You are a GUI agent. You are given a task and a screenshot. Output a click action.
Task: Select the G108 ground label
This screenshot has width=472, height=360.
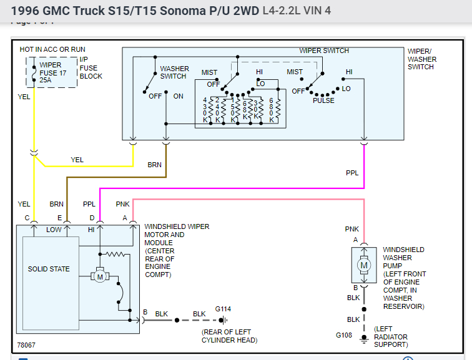point(345,336)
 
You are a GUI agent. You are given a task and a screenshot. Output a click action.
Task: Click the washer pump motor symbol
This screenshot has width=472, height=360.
point(363,266)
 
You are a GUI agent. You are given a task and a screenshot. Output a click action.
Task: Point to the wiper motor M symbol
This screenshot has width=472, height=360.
point(99,275)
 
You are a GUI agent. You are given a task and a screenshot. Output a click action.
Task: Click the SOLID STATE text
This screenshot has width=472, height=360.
point(49,269)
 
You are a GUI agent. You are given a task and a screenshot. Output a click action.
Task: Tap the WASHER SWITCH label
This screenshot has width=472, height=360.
point(173,72)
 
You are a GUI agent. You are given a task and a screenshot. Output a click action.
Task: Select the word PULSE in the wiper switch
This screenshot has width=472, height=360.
point(323,100)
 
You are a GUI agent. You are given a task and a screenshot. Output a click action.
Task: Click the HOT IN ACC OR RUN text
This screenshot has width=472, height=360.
point(52,49)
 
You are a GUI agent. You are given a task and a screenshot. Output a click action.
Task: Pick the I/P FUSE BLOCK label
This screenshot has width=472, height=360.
point(91,68)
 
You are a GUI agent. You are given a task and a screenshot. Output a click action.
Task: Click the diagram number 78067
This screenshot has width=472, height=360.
point(27,345)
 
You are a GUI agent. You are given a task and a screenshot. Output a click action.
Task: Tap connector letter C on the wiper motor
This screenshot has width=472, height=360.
point(27,218)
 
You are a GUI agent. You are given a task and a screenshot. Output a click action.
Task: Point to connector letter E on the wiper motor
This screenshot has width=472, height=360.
point(59,218)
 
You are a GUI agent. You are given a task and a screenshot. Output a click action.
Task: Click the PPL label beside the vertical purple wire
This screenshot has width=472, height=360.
point(352,173)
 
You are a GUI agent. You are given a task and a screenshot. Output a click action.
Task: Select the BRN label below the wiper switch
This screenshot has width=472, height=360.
point(154,165)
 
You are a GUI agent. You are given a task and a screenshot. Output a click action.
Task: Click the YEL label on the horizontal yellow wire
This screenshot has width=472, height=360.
point(77,160)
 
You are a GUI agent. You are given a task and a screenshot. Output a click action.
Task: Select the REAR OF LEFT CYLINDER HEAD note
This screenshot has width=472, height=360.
point(229,336)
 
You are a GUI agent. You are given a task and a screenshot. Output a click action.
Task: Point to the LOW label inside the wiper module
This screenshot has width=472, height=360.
point(54,230)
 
